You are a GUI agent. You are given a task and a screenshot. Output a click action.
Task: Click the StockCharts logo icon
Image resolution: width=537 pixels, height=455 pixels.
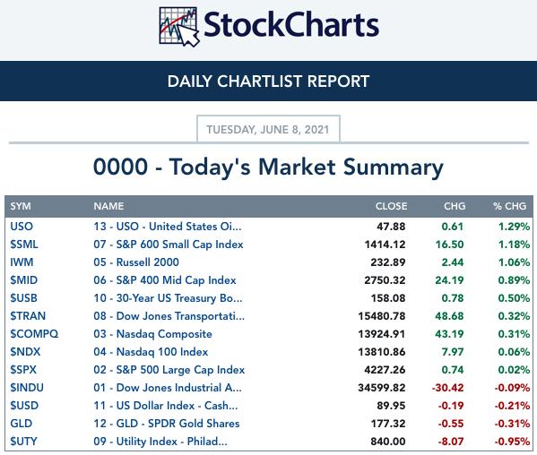click(178, 27)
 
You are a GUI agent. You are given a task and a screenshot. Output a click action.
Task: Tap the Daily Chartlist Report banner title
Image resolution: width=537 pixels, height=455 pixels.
click(269, 82)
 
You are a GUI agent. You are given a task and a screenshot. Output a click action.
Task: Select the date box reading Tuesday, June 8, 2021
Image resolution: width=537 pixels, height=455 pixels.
click(268, 129)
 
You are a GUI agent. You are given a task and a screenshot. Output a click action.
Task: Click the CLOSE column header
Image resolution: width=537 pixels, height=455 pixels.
click(391, 206)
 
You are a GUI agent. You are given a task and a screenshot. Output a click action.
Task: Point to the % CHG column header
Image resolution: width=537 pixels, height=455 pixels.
click(509, 206)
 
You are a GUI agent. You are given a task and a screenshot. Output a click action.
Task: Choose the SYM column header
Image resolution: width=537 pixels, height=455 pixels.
click(21, 206)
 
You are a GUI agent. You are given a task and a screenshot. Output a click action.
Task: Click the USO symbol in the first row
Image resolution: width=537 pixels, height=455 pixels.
click(22, 227)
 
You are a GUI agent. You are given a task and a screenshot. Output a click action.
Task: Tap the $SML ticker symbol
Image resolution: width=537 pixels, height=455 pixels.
click(24, 245)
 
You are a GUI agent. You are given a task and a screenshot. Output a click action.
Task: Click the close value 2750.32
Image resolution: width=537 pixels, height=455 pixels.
click(385, 280)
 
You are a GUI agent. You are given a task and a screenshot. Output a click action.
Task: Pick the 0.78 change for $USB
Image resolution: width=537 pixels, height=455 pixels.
click(453, 298)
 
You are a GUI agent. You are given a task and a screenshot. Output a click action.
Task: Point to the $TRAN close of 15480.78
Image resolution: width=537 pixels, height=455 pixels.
click(382, 316)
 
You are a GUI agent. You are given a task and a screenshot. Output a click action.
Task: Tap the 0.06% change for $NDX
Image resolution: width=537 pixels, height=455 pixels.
click(514, 352)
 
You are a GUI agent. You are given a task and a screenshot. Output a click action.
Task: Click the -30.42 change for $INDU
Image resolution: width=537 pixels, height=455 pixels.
click(447, 388)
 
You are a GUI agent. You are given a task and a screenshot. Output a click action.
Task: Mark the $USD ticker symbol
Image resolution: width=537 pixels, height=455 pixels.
click(24, 406)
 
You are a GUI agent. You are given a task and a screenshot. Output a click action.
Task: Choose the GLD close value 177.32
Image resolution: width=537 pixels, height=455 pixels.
click(388, 424)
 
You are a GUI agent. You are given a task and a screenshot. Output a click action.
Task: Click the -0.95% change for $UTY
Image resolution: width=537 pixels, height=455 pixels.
click(512, 442)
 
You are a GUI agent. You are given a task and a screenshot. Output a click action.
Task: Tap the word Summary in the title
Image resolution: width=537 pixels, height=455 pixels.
click(394, 167)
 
